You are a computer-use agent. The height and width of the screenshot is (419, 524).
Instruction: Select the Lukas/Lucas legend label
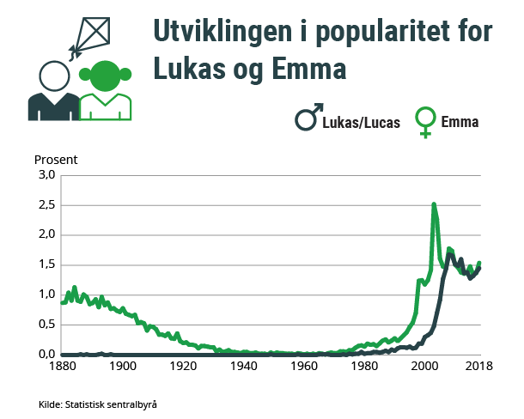[361, 123]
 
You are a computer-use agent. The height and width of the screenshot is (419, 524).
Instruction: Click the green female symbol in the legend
[424, 124]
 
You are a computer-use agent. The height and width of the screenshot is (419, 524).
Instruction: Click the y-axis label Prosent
[56, 160]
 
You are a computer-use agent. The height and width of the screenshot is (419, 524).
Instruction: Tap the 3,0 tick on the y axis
[46, 175]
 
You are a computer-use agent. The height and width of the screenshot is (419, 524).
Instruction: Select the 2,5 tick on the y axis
[46, 205]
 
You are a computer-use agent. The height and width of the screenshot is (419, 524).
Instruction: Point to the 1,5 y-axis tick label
[46, 264]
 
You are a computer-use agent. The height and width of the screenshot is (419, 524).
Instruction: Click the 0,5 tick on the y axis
[46, 325]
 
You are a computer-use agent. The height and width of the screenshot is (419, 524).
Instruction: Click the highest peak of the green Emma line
[434, 204]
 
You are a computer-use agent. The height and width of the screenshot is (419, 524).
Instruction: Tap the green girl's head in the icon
[106, 76]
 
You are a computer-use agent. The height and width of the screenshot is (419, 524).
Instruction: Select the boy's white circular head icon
[53, 76]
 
